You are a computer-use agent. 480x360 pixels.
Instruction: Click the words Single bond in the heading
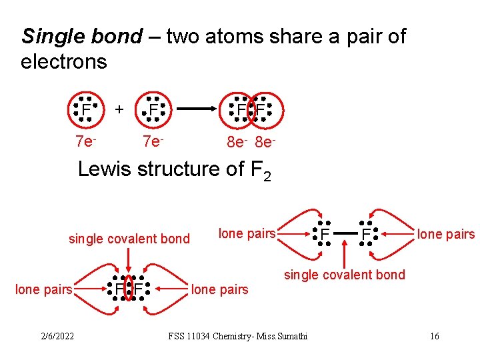click(x=82, y=37)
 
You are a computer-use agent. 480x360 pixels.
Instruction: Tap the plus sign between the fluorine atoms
click(x=119, y=108)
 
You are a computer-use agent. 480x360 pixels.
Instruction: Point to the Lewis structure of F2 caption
click(x=174, y=170)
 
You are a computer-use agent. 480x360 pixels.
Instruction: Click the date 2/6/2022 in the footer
click(x=56, y=335)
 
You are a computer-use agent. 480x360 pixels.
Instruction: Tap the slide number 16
click(x=434, y=335)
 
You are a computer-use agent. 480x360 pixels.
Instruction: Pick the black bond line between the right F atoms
click(x=345, y=233)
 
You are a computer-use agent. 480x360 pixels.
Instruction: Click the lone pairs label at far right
click(x=445, y=234)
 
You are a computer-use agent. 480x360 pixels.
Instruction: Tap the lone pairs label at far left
click(x=43, y=289)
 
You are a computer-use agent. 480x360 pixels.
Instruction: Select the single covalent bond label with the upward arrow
click(x=344, y=275)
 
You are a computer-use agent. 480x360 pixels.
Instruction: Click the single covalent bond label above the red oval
click(x=129, y=239)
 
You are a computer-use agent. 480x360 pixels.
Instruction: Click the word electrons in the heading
click(x=64, y=62)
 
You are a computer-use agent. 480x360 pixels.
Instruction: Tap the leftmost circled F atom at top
click(x=86, y=109)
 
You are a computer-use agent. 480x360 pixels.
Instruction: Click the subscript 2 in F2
click(x=267, y=177)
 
